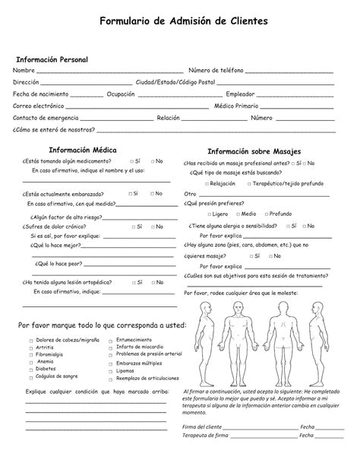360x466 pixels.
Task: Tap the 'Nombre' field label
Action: coord(24,71)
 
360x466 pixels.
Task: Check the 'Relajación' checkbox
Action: coord(205,184)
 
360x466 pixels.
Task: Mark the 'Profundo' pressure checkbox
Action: coord(265,214)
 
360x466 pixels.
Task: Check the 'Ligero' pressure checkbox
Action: coord(205,214)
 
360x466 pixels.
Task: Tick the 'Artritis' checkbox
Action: coord(31,347)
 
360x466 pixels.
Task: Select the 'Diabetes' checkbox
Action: coord(31,369)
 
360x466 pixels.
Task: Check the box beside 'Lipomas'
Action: coord(111,371)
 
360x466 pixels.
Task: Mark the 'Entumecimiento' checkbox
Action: coord(111,340)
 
